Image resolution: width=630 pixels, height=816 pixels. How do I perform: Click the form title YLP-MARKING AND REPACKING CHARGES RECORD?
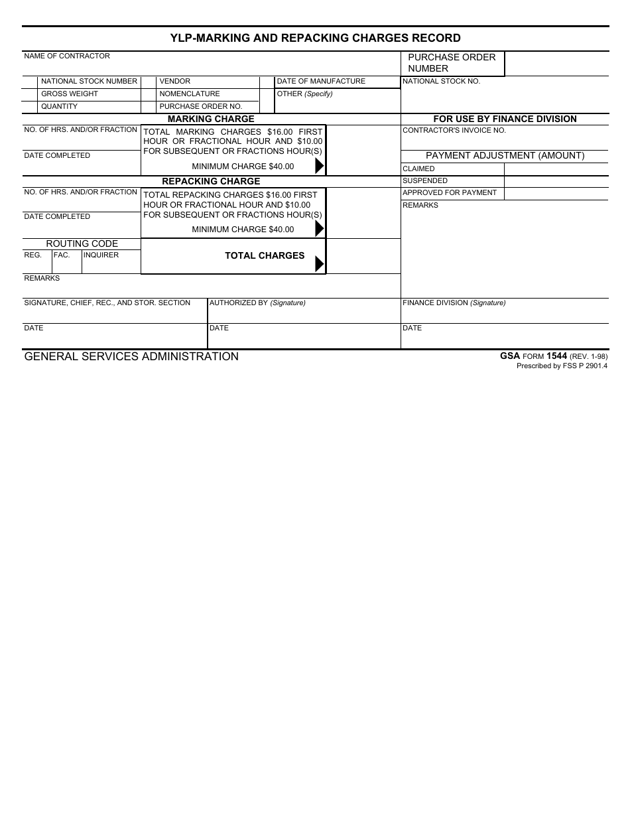click(315, 38)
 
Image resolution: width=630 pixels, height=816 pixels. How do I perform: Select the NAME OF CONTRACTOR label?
click(67, 56)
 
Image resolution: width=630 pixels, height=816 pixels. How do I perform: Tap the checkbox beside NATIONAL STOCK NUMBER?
click(30, 82)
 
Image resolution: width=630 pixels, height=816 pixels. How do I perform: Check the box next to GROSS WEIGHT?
click(30, 94)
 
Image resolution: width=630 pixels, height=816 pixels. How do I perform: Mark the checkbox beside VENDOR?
click(149, 82)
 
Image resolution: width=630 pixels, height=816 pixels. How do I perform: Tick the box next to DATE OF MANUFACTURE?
click(267, 82)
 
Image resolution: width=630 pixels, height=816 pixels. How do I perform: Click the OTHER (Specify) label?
click(304, 94)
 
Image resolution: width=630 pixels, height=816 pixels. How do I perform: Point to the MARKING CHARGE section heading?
click(211, 119)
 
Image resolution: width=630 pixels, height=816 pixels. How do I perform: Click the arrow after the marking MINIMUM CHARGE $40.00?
click(319, 166)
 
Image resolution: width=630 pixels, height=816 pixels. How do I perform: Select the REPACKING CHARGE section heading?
click(211, 181)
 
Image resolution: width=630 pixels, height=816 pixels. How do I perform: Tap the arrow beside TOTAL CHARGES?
click(319, 263)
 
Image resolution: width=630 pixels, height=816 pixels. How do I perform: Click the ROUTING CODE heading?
click(82, 243)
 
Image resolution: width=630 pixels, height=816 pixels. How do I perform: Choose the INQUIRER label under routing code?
click(101, 255)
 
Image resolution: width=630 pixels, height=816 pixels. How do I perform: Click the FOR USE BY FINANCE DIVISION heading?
click(505, 119)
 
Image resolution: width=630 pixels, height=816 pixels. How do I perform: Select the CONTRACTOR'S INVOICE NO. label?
click(454, 131)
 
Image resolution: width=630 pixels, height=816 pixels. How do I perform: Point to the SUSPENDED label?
click(425, 181)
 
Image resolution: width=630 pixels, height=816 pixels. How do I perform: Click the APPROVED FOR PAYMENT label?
click(450, 193)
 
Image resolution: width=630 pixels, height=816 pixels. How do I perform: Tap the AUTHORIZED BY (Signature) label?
click(257, 303)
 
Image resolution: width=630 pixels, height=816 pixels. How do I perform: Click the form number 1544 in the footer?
click(556, 356)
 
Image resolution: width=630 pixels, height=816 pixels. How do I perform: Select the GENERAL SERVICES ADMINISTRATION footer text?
click(131, 357)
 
